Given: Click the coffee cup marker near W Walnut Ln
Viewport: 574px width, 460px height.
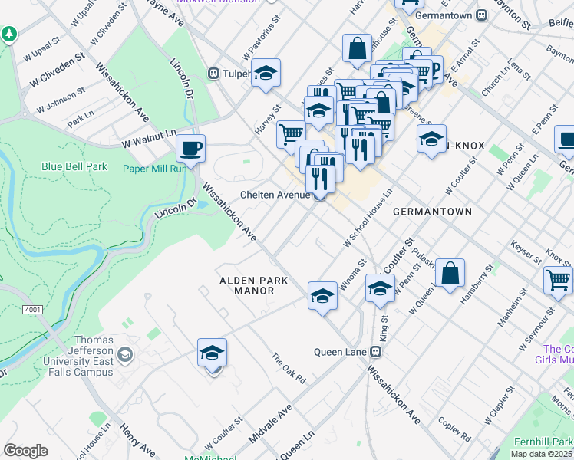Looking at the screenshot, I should pos(190,147).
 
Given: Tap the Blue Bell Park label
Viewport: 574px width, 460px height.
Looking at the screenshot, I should pos(74,166).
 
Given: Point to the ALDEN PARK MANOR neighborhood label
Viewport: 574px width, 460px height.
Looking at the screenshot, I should pos(254,286).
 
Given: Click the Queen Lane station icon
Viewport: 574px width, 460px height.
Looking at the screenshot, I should pos(376,352).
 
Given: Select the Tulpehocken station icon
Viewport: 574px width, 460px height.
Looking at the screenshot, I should pos(213,74).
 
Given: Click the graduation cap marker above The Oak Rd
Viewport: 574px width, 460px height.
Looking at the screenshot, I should pos(212,353).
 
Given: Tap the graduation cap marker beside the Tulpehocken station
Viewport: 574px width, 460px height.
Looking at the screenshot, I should pos(266,74).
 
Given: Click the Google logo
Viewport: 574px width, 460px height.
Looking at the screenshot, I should pos(25,451).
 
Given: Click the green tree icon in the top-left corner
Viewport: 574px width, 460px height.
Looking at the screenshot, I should pos(9,34).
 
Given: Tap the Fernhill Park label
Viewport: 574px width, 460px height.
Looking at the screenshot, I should pos(545,442).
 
